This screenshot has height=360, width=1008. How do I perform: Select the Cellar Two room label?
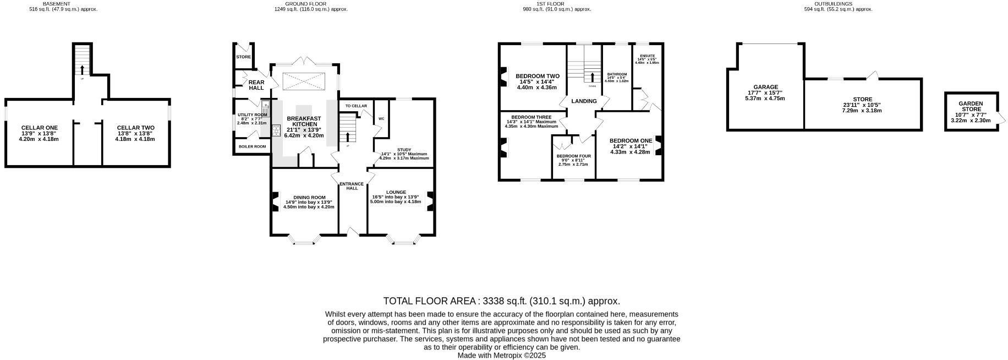click(x=135, y=128)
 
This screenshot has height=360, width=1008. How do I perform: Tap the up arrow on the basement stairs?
click(x=83, y=69)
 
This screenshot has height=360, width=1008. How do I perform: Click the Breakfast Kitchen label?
click(x=304, y=121)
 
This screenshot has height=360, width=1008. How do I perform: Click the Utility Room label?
click(x=252, y=115)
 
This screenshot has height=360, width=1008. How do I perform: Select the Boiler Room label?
click(x=252, y=146)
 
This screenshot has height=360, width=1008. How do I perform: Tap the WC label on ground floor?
click(x=381, y=118)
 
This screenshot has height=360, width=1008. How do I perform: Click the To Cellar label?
click(x=356, y=106)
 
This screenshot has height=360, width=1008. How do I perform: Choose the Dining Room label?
click(x=309, y=197)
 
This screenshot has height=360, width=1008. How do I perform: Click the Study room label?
click(x=404, y=150)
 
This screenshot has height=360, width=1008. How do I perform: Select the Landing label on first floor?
click(x=584, y=101)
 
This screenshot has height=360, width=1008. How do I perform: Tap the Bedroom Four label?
click(x=574, y=156)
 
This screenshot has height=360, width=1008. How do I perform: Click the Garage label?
click(x=765, y=87)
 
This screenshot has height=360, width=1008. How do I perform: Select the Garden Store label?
click(x=971, y=106)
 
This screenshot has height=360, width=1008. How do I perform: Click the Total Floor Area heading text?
click(x=501, y=301)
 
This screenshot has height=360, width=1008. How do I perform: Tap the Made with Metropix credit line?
click(x=501, y=356)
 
